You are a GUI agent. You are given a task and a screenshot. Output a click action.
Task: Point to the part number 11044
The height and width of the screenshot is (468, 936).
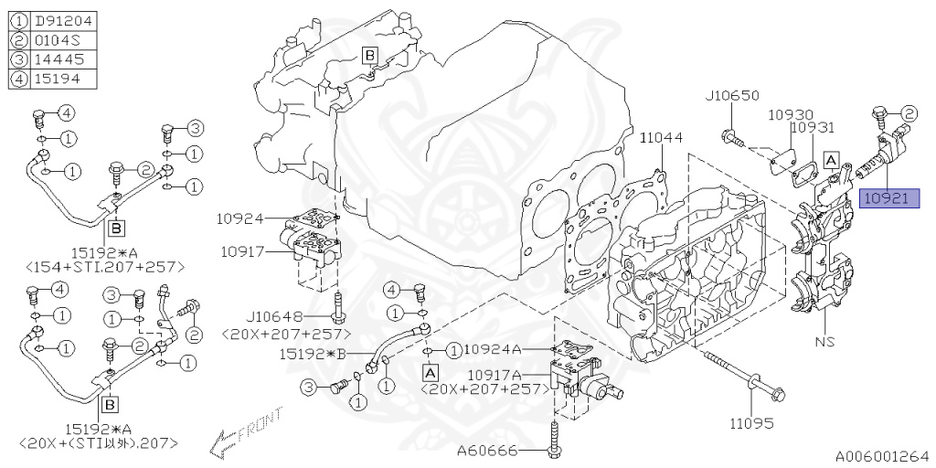tap(661, 138)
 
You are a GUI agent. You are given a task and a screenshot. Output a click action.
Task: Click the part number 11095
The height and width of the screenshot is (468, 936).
tap(750, 424)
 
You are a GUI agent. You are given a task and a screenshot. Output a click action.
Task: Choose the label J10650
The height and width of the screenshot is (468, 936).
tap(733, 95)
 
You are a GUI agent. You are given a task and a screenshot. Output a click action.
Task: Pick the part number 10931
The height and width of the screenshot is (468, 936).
tap(812, 129)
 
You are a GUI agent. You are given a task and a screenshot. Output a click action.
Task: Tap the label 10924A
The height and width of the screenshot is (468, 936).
tap(493, 349)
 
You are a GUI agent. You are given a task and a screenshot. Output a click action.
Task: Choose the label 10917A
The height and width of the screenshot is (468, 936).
tap(493, 375)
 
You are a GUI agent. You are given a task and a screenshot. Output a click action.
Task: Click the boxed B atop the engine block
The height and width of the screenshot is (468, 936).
tap(369, 56)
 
